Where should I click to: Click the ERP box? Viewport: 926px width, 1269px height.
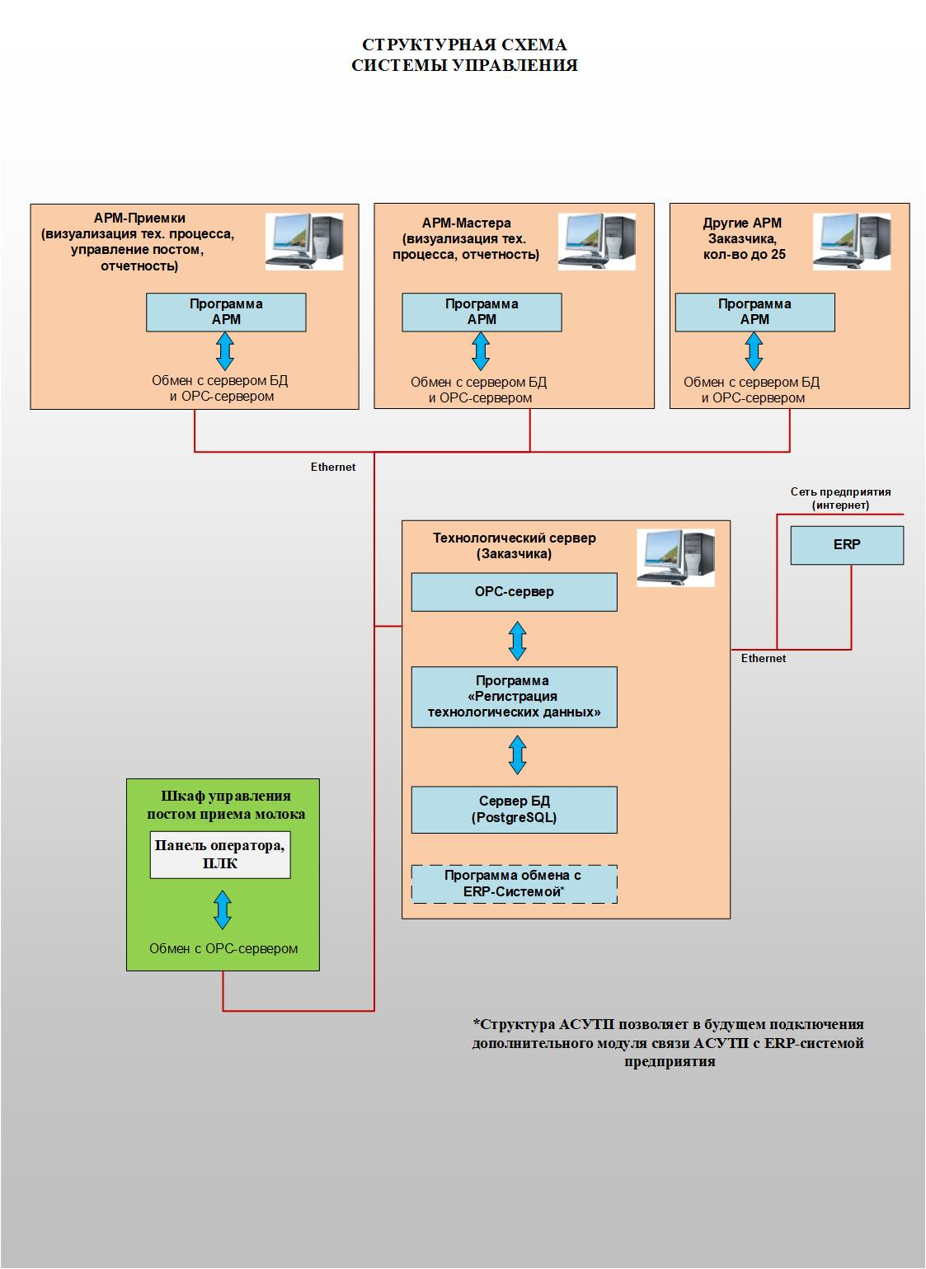coord(847,545)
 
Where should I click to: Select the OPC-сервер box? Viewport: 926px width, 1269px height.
coord(514,592)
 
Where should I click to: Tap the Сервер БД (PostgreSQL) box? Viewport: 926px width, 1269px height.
coord(514,810)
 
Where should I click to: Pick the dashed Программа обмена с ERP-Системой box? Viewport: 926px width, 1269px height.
coord(514,884)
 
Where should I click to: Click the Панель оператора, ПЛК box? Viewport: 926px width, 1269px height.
coord(220,855)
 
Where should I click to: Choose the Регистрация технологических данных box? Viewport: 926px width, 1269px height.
coord(514,697)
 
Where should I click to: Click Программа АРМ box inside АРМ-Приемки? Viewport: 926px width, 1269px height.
coord(226,313)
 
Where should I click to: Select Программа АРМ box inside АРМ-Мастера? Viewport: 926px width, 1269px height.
coord(482,313)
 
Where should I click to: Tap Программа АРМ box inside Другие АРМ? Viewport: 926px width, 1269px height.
coord(754,313)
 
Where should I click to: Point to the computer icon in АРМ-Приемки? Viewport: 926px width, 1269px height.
coord(303,241)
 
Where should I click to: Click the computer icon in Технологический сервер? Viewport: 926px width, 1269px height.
coord(676,557)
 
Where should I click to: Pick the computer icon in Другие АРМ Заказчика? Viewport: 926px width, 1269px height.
coord(852,241)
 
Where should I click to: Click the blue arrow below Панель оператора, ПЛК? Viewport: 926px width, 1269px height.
coord(222,909)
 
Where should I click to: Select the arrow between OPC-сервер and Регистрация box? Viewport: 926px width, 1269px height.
coord(517,640)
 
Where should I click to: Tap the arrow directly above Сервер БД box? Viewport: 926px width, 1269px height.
coord(517,754)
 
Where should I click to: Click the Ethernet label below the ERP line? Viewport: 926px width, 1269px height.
coord(763,658)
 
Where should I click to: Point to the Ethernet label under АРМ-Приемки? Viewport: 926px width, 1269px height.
coord(333,467)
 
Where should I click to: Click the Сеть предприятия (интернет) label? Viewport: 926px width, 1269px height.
coord(840,498)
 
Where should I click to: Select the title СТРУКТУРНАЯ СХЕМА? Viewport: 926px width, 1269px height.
coord(464,45)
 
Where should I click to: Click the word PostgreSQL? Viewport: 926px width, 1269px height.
coord(514,818)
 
